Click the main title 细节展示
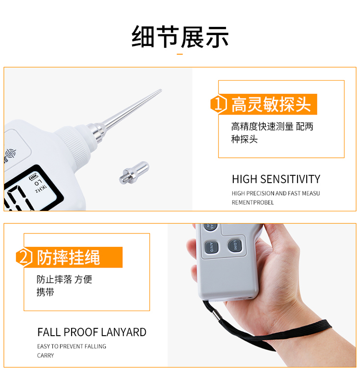tap(180, 37)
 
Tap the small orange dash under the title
tap(180, 54)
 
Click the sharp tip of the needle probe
tap(160, 91)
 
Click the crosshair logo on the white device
tap(10, 154)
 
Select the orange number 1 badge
tap(219, 104)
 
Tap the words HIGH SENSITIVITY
tap(276, 179)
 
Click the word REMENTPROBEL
tap(252, 202)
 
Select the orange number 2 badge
tap(24, 257)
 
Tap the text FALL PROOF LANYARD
tap(92, 332)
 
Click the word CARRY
tap(46, 355)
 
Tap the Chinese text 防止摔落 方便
tap(64, 280)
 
